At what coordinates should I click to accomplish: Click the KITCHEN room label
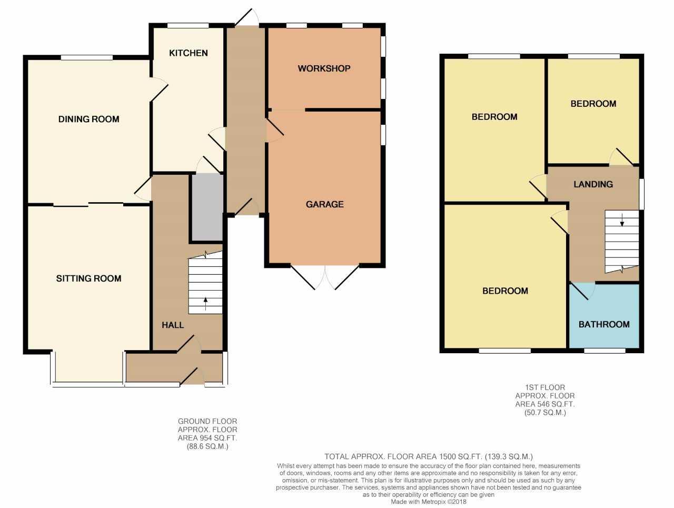[188, 53]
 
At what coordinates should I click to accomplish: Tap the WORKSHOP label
[324, 68]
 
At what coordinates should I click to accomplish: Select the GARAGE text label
[324, 204]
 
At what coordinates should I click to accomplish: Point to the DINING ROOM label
[89, 119]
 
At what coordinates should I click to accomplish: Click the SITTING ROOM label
[89, 278]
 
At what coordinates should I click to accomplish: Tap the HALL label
[173, 325]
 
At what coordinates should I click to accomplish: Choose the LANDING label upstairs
[593, 184]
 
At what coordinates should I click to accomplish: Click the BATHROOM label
[604, 324]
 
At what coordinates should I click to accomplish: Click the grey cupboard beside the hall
[207, 207]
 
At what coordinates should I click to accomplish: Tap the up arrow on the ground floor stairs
[205, 304]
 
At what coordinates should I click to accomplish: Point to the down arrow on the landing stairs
[622, 220]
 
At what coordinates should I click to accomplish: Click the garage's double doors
[325, 277]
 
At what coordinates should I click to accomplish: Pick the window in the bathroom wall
[604, 351]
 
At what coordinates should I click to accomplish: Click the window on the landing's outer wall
[641, 194]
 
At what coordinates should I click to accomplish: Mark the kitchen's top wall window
[188, 25]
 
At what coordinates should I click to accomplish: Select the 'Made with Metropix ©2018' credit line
[428, 502]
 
